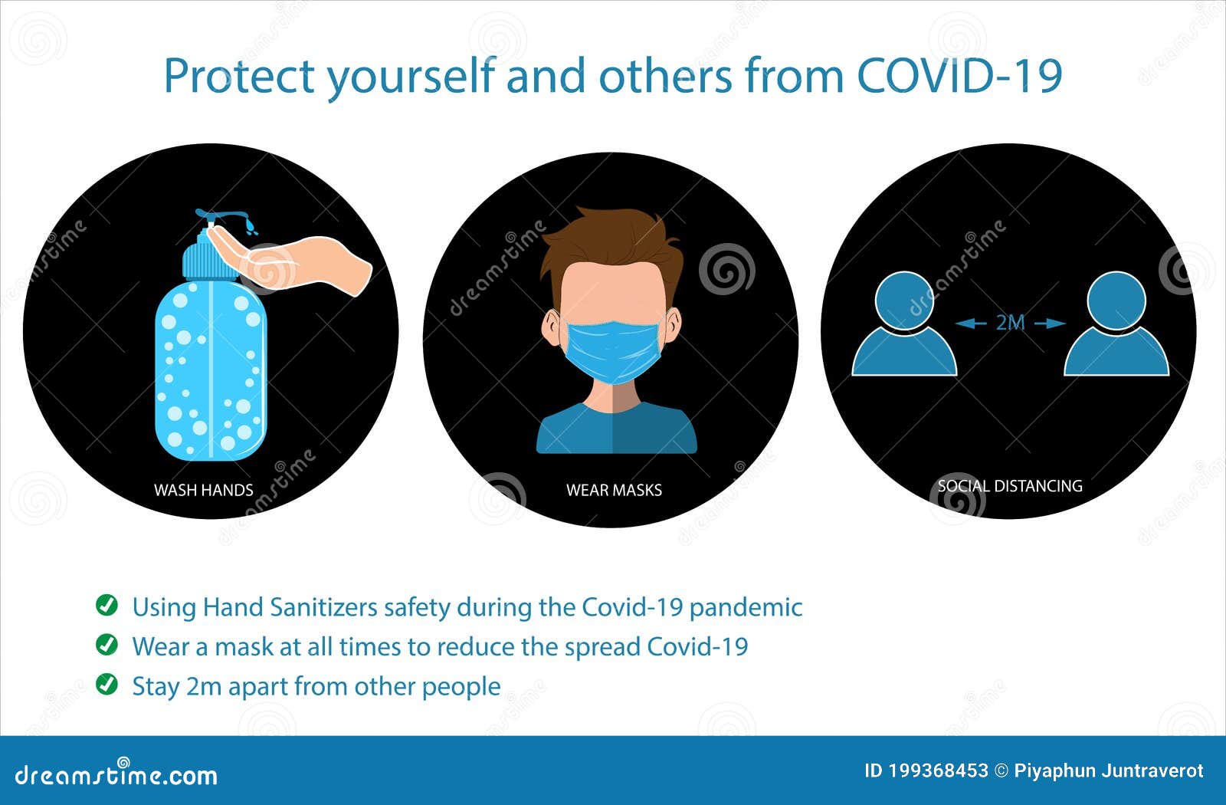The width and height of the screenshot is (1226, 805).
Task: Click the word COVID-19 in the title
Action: pyautogui.click(x=959, y=76)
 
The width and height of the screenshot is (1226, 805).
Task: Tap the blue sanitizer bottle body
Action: pyautogui.click(x=211, y=368)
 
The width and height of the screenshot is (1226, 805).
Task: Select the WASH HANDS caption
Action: pyautogui.click(x=203, y=490)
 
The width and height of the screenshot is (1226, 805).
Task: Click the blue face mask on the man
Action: pyautogui.click(x=613, y=349)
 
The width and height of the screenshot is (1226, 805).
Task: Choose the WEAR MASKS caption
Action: pyautogui.click(x=614, y=490)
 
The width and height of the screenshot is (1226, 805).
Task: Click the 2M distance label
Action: pyautogui.click(x=1010, y=323)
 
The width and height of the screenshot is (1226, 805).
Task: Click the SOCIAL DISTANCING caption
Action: pyautogui.click(x=1010, y=485)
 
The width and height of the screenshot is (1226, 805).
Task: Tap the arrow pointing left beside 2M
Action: pyautogui.click(x=970, y=324)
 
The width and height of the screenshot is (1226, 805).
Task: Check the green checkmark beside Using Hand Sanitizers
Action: pyautogui.click(x=107, y=605)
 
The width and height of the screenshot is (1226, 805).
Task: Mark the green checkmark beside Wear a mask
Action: pyautogui.click(x=107, y=645)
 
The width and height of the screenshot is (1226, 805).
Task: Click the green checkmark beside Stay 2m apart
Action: pyautogui.click(x=107, y=684)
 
